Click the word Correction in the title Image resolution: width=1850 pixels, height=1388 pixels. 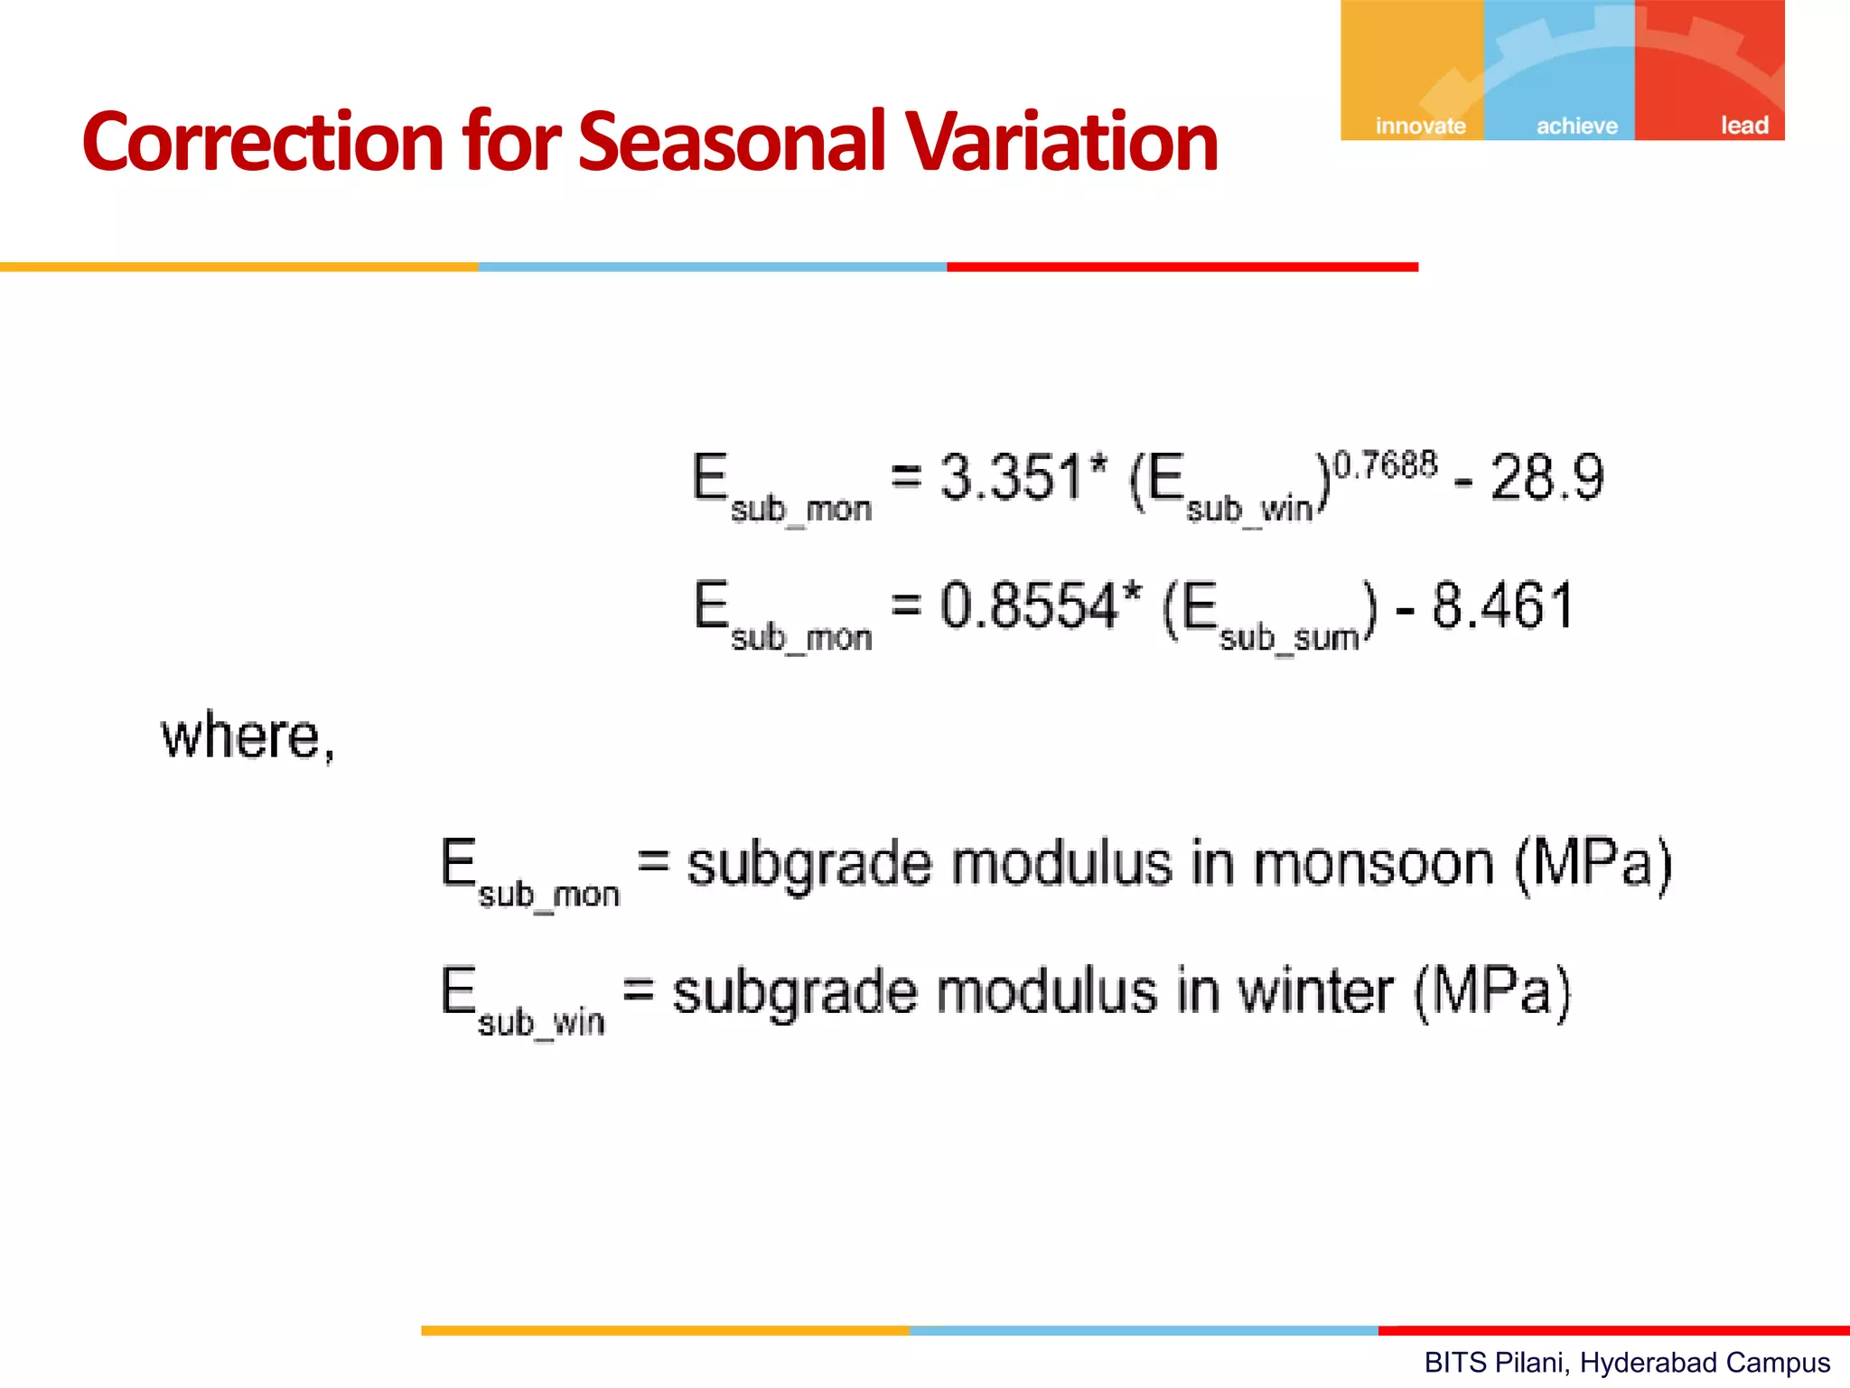point(262,143)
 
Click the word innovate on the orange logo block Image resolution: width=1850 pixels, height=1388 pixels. point(1420,126)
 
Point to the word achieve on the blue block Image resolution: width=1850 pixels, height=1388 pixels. point(1577,126)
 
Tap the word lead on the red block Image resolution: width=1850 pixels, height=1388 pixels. point(1743,126)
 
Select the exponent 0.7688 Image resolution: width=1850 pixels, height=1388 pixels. point(1386,465)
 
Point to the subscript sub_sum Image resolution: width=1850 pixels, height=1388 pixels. point(1289,639)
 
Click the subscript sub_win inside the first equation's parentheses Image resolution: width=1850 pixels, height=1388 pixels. point(1249,510)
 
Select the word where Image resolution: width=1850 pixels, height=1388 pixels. point(242,736)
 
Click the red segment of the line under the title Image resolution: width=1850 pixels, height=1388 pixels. point(1182,267)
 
